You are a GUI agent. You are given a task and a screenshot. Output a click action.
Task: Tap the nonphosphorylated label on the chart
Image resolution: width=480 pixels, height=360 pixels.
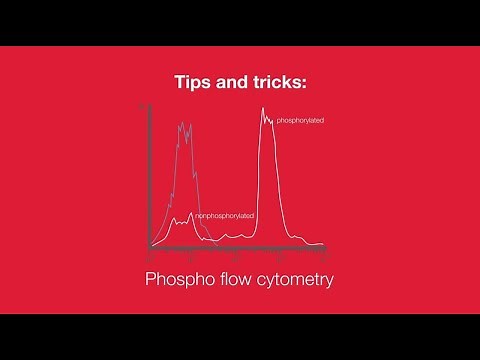click(224, 216)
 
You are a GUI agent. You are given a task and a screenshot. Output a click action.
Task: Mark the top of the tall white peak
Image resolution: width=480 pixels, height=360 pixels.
click(265, 109)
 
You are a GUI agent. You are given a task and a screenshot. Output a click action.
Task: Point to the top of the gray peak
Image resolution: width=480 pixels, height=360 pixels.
click(183, 124)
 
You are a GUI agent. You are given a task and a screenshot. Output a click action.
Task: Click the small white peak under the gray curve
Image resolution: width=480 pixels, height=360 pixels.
click(177, 217)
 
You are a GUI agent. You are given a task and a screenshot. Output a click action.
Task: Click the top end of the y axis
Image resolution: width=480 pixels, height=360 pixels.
click(150, 105)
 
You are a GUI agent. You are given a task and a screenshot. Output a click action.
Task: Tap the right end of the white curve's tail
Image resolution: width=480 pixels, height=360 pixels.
click(323, 244)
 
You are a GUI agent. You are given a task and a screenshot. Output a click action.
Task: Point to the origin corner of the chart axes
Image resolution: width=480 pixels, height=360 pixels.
click(150, 246)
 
